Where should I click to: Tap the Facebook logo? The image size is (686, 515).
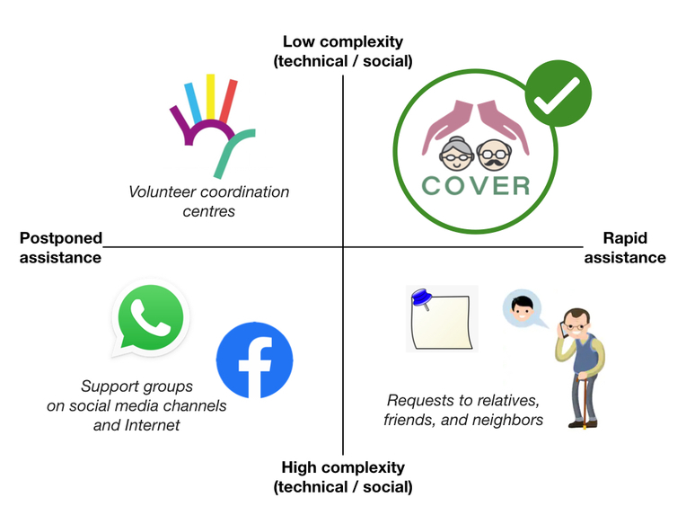coord(255,360)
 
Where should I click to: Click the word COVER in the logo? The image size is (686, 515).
coord(476,185)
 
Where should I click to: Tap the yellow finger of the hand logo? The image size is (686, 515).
coord(211,96)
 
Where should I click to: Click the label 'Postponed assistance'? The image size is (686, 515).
coord(60,248)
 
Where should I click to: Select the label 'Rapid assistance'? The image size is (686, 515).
coord(625,248)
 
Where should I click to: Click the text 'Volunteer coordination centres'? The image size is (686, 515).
coord(208,200)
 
